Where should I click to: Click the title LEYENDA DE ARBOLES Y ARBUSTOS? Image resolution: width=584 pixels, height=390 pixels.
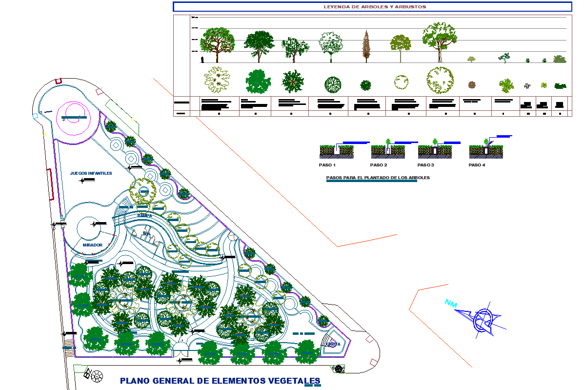(x=375, y=7)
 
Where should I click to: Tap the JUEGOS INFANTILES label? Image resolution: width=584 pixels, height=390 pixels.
(x=91, y=173)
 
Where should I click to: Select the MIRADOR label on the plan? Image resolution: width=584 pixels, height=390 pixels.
(x=92, y=245)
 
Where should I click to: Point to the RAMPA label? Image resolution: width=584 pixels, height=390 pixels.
(x=144, y=215)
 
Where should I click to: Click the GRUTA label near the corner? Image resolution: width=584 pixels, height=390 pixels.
(x=334, y=344)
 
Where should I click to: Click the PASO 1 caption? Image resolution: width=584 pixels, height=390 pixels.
(x=328, y=165)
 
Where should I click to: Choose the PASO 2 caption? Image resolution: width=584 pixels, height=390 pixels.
(x=378, y=165)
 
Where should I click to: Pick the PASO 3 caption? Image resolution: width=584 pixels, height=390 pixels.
(x=425, y=165)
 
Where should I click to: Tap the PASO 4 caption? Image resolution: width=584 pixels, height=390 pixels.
(x=477, y=165)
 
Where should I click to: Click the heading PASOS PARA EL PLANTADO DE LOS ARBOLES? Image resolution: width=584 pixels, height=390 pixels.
(x=378, y=178)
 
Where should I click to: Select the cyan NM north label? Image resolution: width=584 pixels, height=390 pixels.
(x=451, y=304)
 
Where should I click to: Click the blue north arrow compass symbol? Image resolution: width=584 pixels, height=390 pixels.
(x=483, y=321)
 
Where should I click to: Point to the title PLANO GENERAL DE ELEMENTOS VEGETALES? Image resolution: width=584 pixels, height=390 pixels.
(x=220, y=381)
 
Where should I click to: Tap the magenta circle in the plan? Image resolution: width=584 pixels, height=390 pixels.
(x=72, y=118)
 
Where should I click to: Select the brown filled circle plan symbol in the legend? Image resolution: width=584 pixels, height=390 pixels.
(x=472, y=85)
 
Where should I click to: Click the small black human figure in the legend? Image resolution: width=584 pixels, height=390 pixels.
(x=201, y=60)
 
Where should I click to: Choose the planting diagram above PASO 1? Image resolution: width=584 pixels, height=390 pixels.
(x=337, y=150)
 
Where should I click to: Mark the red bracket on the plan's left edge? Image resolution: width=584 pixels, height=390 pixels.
(x=50, y=184)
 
